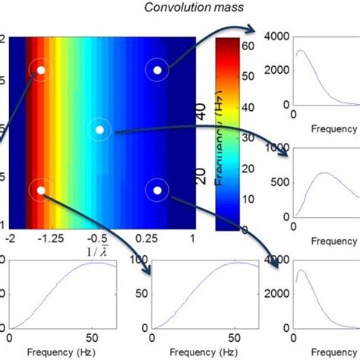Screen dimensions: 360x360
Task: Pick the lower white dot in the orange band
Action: (x=41, y=191)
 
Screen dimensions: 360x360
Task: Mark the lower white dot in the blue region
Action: (x=156, y=191)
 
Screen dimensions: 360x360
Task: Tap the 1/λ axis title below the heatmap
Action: (x=101, y=251)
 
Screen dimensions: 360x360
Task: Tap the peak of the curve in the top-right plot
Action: (x=302, y=51)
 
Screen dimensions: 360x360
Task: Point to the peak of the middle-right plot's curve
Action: (x=326, y=173)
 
